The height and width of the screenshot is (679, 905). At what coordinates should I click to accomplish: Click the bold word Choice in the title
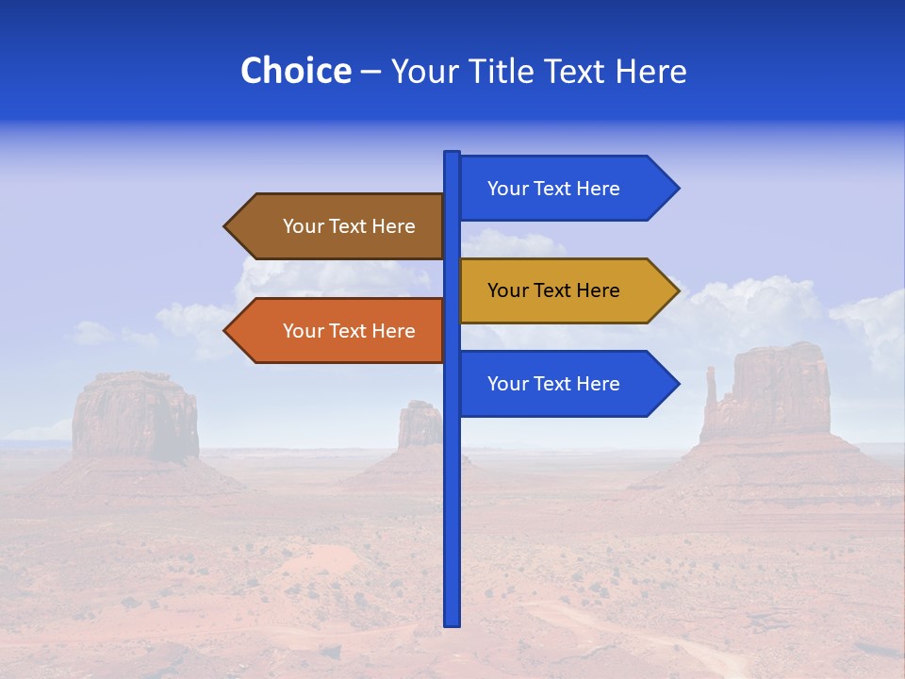(x=295, y=71)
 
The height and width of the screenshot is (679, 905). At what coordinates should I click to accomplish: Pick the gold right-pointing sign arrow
(x=566, y=290)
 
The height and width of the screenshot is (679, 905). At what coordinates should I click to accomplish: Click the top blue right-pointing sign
(x=566, y=189)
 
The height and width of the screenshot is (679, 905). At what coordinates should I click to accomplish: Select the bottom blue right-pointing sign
(x=566, y=384)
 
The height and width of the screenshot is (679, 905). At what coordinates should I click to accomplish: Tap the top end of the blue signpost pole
(x=452, y=154)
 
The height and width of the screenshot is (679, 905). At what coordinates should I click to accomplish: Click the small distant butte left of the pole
(x=420, y=424)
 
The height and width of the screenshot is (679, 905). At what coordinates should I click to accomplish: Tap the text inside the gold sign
(x=553, y=290)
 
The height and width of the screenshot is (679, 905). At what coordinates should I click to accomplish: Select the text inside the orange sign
(x=349, y=331)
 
